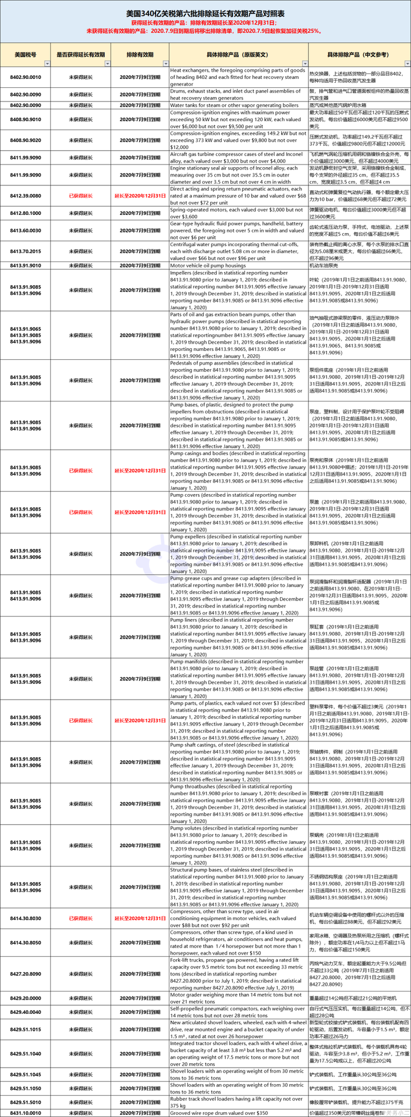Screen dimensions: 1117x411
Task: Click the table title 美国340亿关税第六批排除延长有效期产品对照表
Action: [x=205, y=13]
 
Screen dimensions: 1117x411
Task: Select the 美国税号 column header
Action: [x=25, y=55]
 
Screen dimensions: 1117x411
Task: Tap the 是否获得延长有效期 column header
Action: [x=81, y=55]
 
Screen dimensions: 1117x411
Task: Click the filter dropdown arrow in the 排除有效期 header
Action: [x=165, y=64]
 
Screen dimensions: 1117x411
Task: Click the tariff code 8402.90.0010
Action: [x=25, y=77]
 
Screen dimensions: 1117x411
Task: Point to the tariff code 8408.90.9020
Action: [x=25, y=140]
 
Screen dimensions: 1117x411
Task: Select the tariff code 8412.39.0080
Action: [x=25, y=196]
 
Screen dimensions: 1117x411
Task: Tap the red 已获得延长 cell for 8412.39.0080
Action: [x=81, y=196]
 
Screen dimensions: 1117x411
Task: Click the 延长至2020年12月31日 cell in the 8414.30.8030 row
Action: [x=140, y=918]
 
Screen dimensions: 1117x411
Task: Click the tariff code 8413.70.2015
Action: [x=25, y=252]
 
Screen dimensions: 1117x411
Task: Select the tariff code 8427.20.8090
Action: [x=25, y=974]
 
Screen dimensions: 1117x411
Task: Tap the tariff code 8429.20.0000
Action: [x=25, y=999]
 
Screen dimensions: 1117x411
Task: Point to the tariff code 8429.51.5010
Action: [x=25, y=1102]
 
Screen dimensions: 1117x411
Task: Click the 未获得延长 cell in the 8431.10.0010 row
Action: [x=81, y=1113]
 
